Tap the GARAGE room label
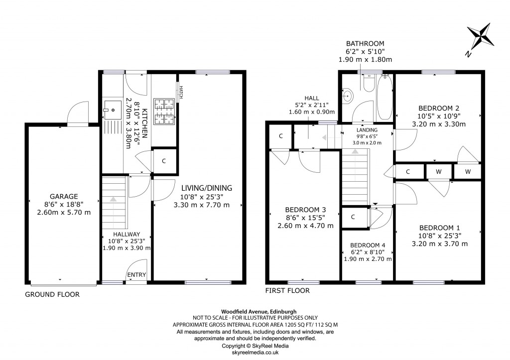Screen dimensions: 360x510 64,196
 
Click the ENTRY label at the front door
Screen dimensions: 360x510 136,275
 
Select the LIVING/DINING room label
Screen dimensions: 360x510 207,188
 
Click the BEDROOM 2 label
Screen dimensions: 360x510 438,108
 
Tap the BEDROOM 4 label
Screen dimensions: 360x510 368,245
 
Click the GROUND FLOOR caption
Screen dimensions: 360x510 52,295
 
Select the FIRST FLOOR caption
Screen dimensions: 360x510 288,291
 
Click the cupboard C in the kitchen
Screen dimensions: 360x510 164,161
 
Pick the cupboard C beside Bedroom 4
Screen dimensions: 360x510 353,217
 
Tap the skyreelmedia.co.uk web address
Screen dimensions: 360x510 255,352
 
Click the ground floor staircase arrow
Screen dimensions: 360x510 114,199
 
